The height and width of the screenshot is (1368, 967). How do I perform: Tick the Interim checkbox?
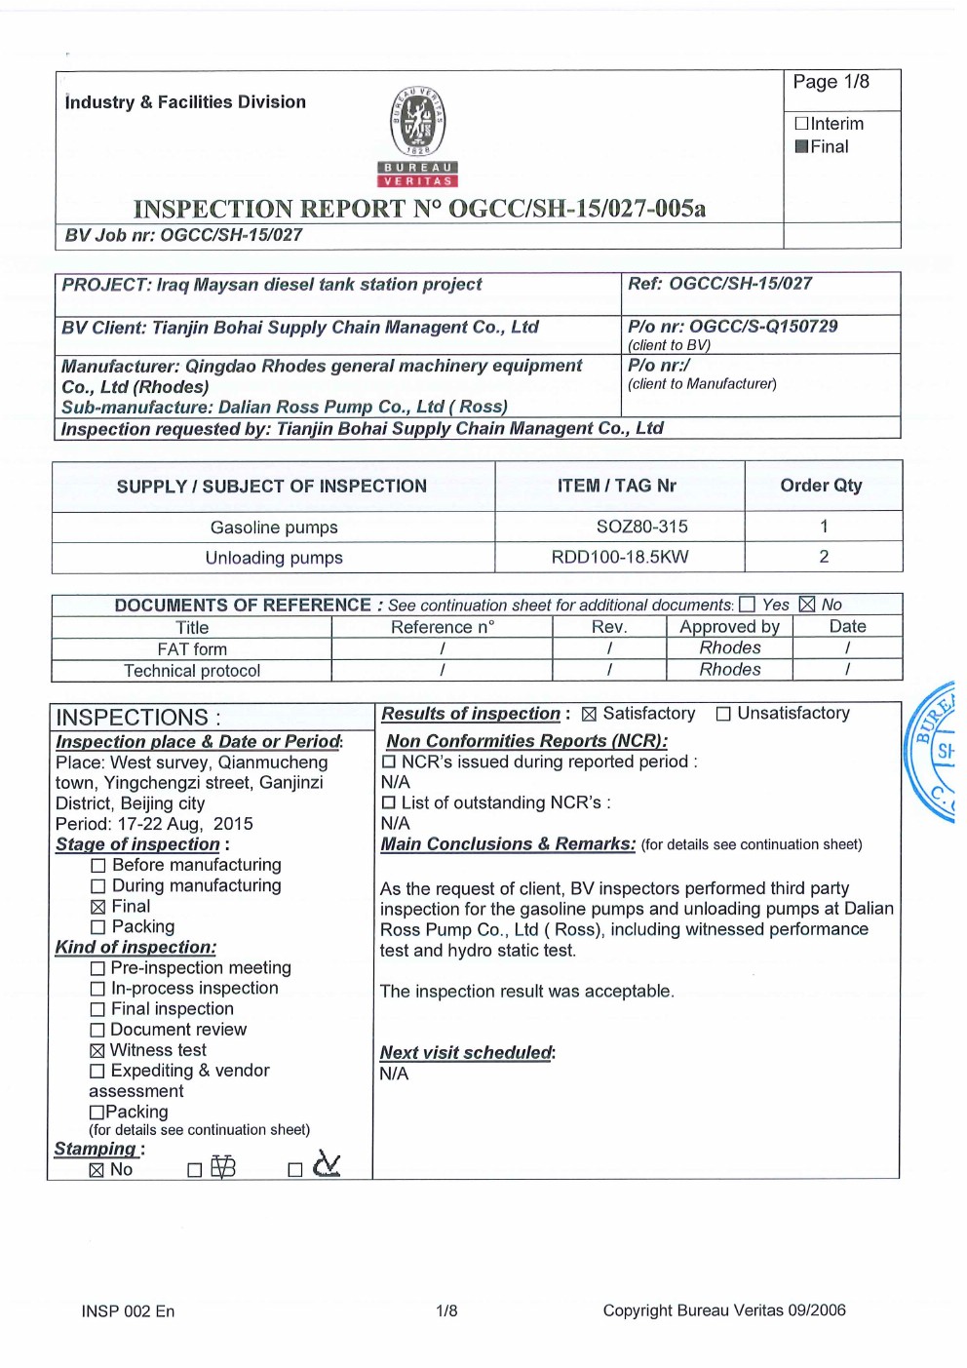pos(801,124)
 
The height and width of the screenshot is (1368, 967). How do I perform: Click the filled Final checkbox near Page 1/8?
pos(801,147)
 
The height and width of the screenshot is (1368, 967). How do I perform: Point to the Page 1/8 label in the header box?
pos(831,82)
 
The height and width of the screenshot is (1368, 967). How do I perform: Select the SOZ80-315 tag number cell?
pos(641,527)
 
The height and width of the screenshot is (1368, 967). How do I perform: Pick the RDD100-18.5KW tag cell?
pos(620,557)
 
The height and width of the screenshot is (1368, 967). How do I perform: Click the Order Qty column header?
pos(821,486)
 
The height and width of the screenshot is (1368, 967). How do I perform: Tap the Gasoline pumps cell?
pos(274,528)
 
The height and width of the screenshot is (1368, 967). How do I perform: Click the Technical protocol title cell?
pos(192,671)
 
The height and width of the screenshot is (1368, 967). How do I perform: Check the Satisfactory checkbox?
pos(589,715)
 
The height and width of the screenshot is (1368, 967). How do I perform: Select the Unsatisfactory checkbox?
pos(723,715)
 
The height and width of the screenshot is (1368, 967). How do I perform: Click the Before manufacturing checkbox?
pos(97,866)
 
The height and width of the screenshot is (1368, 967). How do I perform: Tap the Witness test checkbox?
pos(97,1051)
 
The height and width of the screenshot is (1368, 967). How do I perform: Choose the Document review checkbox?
pos(97,1031)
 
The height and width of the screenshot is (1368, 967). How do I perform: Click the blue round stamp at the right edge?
pos(935,752)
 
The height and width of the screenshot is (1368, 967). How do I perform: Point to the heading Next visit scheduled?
pos(467,1053)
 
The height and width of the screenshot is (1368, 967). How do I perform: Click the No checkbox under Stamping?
pos(97,1170)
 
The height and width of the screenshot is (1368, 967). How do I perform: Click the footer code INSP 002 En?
pos(128,1311)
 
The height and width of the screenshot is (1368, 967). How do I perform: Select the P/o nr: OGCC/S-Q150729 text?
pos(732,327)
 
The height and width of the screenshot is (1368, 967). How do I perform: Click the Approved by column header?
pos(729,627)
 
